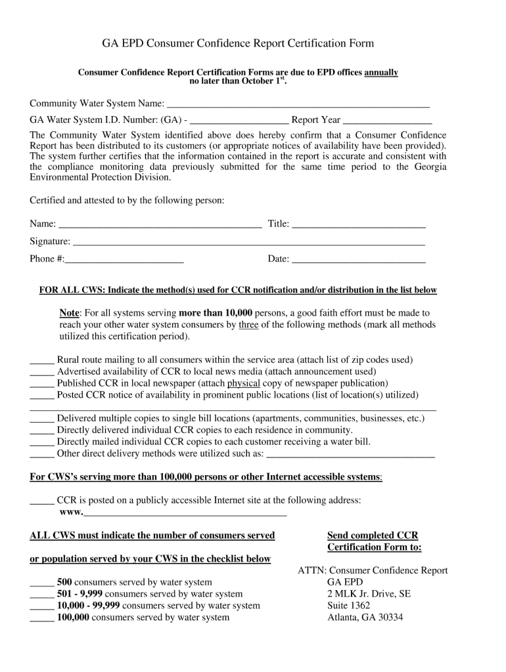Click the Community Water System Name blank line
tap(298, 105)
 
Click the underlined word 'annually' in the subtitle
tap(381, 72)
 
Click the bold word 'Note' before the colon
tap(69, 313)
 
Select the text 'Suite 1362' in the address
tap(348, 606)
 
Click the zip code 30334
tap(388, 618)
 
